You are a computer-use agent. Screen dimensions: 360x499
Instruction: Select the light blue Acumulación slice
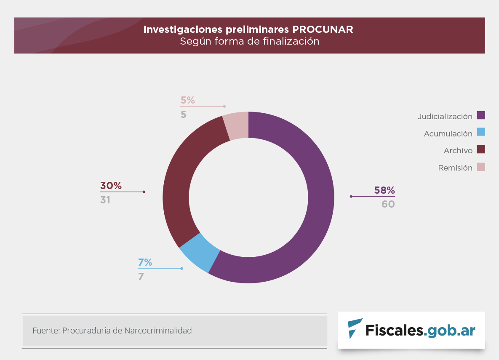pyautogui.click(x=199, y=253)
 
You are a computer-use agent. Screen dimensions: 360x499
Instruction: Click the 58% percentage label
pyautogui.click(x=384, y=190)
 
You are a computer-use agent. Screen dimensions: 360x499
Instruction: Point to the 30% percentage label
pyautogui.click(x=111, y=186)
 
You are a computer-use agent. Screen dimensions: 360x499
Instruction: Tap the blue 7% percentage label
pyautogui.click(x=145, y=263)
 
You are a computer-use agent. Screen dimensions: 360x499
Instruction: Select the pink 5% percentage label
pyautogui.click(x=188, y=100)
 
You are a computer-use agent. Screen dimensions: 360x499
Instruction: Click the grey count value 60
pyautogui.click(x=388, y=205)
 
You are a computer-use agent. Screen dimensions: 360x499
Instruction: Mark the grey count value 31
pyautogui.click(x=105, y=200)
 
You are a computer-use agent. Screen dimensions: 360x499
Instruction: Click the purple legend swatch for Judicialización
pyautogui.click(x=481, y=115)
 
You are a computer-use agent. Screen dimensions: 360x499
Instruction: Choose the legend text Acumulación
pyautogui.click(x=448, y=134)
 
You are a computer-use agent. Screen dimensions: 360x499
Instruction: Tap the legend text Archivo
pyautogui.click(x=458, y=151)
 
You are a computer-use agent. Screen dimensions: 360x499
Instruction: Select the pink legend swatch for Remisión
pyautogui.click(x=481, y=167)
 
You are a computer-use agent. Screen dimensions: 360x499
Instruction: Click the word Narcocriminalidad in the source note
pyautogui.click(x=158, y=331)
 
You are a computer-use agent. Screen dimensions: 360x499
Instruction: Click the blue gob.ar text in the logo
pyautogui.click(x=450, y=330)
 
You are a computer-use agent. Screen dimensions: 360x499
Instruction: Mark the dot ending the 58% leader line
pyautogui.click(x=351, y=196)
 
